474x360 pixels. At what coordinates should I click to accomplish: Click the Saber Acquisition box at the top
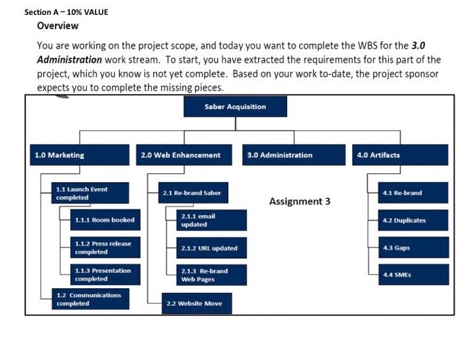point(235,107)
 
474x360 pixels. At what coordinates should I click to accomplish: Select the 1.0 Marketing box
point(79,155)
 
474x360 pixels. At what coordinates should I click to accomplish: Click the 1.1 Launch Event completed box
point(90,193)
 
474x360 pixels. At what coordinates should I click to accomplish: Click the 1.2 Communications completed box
point(90,299)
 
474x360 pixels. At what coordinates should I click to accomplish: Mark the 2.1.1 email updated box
point(211,220)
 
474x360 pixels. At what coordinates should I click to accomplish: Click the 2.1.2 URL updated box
point(211,248)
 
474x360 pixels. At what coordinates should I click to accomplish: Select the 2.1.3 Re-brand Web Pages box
point(211,275)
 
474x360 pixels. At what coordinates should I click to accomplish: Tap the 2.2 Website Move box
point(196,303)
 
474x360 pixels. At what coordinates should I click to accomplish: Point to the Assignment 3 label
point(299,201)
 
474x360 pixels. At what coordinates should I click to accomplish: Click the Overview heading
point(58,26)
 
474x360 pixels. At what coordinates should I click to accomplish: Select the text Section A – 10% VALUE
point(66,12)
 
